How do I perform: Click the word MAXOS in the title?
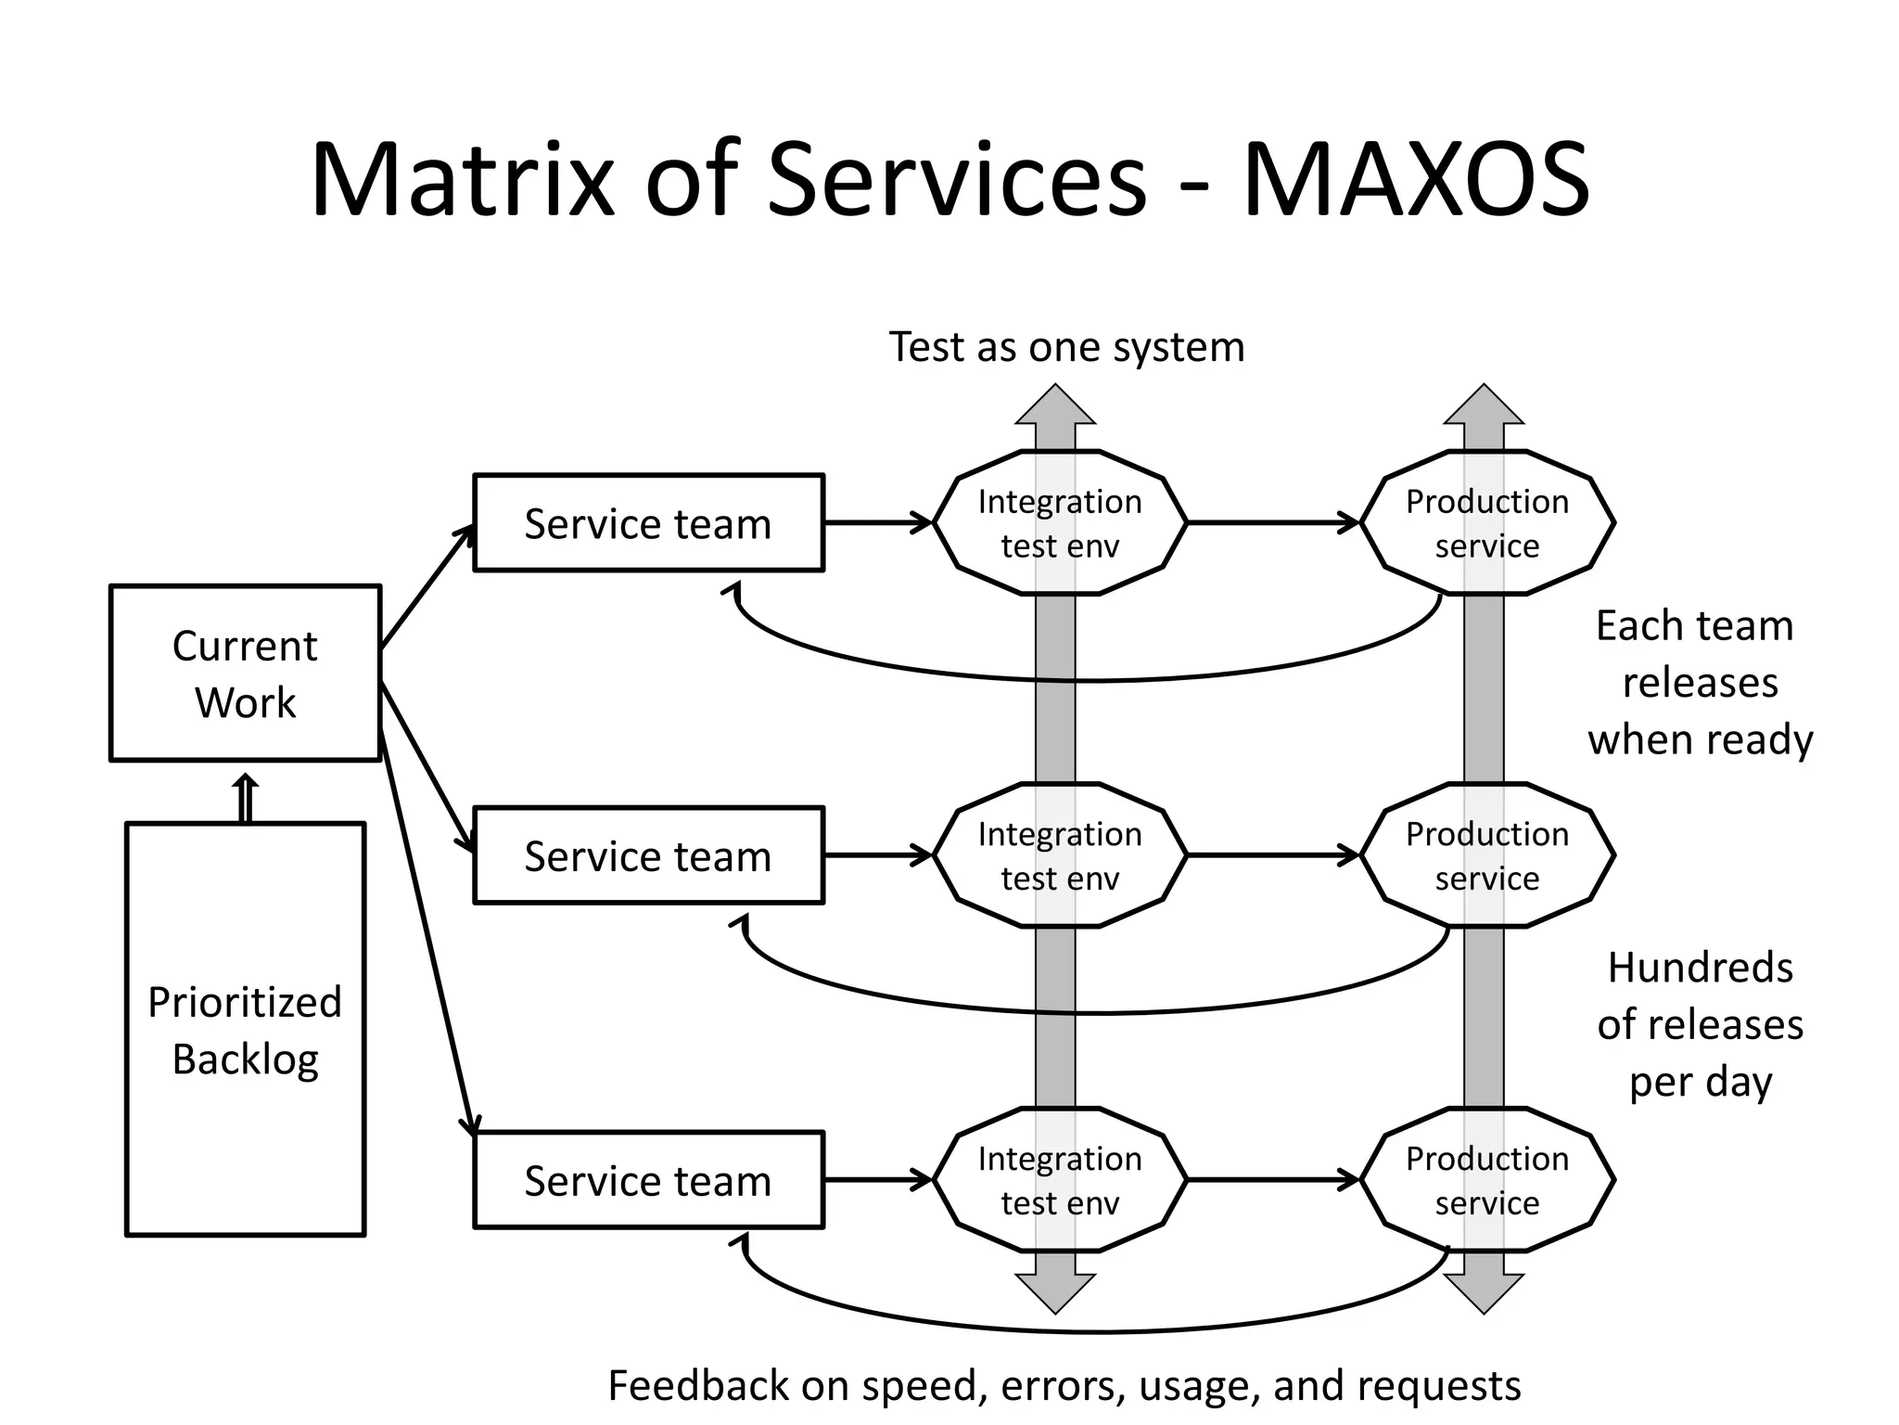(1416, 179)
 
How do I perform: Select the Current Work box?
(245, 674)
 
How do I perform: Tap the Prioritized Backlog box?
(245, 1030)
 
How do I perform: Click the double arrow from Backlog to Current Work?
(245, 798)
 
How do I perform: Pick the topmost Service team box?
(648, 523)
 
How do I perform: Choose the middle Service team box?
(648, 855)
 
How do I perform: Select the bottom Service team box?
(648, 1180)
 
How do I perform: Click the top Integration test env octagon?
(1060, 523)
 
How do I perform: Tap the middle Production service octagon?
(1487, 855)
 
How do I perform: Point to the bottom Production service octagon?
(1487, 1180)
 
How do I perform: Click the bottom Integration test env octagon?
(1060, 1180)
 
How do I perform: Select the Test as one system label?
(1066, 347)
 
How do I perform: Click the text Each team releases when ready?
(1699, 683)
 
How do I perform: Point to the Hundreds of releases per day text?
(1699, 1024)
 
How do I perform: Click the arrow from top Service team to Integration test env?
(877, 523)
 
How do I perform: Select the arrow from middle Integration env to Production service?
(1272, 855)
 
